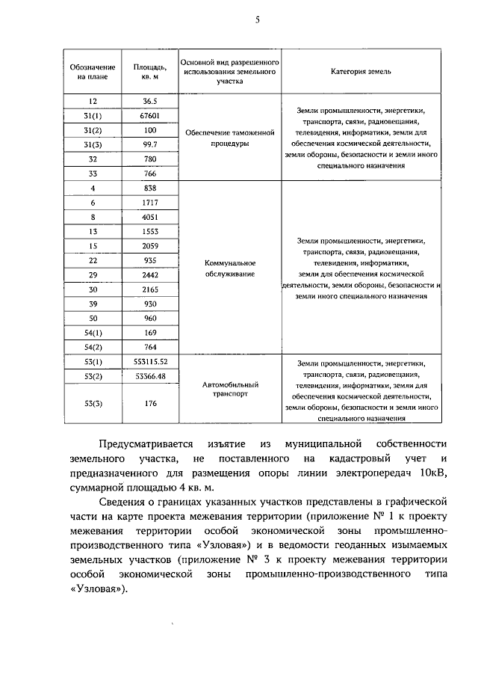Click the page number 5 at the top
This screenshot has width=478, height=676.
coord(257,20)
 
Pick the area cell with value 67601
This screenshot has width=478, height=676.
coord(150,115)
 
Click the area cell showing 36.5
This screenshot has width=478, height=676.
coord(150,101)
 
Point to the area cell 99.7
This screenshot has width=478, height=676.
coord(150,144)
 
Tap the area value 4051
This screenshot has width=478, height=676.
coord(150,218)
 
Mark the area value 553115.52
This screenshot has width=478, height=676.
coord(150,363)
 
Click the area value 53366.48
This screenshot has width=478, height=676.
coord(150,376)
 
